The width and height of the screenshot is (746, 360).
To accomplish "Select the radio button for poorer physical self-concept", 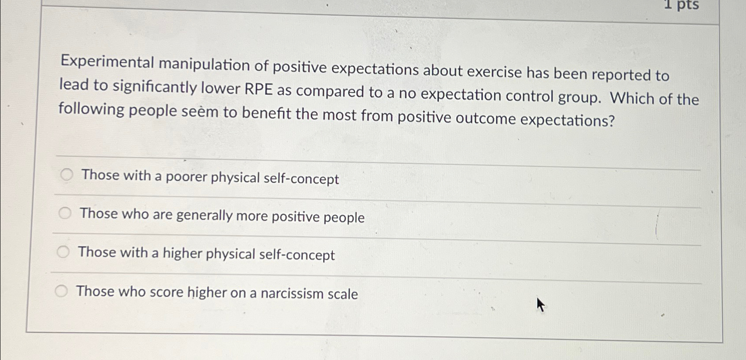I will click(x=67, y=175).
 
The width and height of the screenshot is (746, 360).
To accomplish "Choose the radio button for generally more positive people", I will click(x=65, y=213).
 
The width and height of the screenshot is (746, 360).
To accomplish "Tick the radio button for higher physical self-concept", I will click(x=63, y=252).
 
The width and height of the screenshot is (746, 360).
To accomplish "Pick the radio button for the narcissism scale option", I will click(x=61, y=291).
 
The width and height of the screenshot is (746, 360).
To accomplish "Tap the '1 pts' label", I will click(x=681, y=5).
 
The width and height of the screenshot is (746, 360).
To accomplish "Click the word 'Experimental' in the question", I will click(x=107, y=63).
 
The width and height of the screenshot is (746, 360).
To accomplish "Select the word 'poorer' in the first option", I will click(x=186, y=177).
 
